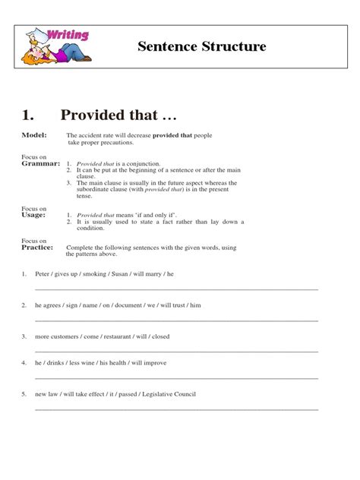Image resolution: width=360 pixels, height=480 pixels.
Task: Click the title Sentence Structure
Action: [x=202, y=47]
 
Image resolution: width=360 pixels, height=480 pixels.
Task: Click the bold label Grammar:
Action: [x=39, y=163]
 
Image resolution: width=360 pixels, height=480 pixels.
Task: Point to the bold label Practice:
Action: [x=37, y=247]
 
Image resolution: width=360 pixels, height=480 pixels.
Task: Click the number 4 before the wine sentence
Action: [x=24, y=363]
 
